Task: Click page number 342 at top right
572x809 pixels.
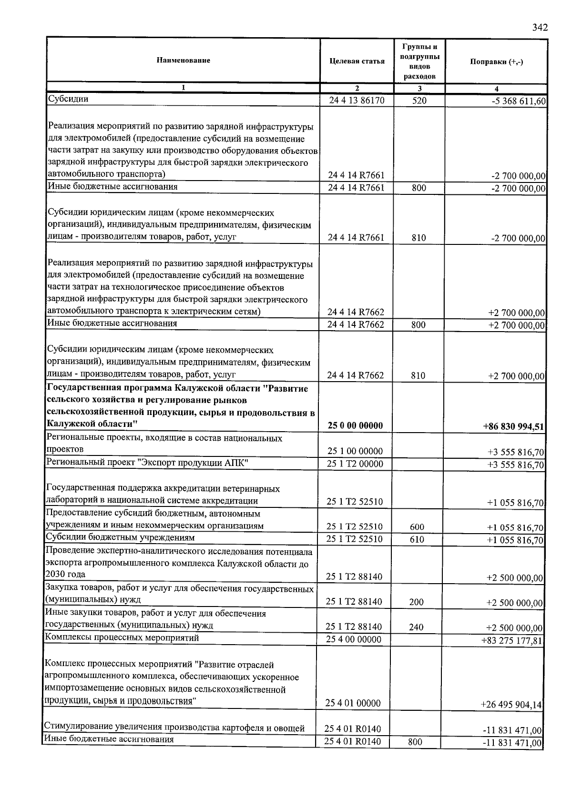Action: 540,27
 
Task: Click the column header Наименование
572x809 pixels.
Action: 183,61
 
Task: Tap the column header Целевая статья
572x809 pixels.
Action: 357,61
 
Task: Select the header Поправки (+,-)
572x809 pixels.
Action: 496,62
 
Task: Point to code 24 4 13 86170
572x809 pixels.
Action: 357,101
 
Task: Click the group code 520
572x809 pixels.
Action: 419,101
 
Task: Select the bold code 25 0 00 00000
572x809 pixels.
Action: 355,425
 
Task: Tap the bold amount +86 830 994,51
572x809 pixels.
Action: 513,426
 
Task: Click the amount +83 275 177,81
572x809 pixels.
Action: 512,640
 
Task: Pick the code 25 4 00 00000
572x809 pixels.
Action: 354,639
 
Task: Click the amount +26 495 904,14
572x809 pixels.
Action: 511,704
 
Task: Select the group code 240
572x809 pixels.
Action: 416,627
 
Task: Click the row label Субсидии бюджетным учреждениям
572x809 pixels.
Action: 120,537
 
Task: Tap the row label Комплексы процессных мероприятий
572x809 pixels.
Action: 122,637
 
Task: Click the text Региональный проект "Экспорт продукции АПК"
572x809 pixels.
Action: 147,463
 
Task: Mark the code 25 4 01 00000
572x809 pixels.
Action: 353,703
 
